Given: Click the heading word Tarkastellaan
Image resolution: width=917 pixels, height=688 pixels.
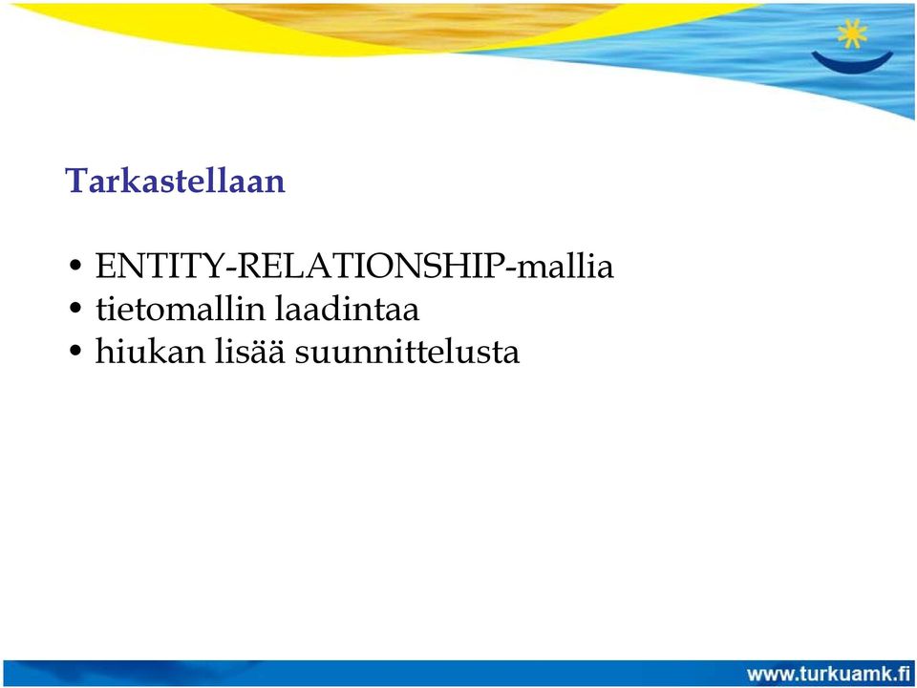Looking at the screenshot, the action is (x=175, y=181).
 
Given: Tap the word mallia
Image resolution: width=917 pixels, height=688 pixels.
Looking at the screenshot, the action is (x=565, y=266).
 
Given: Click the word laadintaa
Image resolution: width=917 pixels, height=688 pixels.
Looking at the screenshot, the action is (x=347, y=309).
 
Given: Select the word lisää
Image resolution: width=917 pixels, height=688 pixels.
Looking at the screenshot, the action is (x=249, y=351).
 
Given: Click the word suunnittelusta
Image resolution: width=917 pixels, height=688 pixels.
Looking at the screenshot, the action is (x=407, y=353).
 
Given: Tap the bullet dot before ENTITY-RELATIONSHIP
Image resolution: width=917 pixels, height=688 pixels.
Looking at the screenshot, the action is (x=75, y=268).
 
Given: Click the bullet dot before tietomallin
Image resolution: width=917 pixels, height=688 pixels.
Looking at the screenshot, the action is (x=75, y=309).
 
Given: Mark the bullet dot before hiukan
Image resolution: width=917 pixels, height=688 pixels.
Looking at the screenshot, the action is (x=75, y=352).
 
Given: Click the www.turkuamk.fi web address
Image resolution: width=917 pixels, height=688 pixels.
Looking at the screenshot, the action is (x=828, y=674).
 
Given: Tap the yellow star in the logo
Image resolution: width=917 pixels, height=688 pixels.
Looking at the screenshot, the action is (x=852, y=33).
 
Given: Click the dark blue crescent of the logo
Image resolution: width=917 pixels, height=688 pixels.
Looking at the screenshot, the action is (x=852, y=63).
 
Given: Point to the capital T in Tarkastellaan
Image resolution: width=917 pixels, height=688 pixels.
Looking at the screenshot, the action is (x=77, y=181).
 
